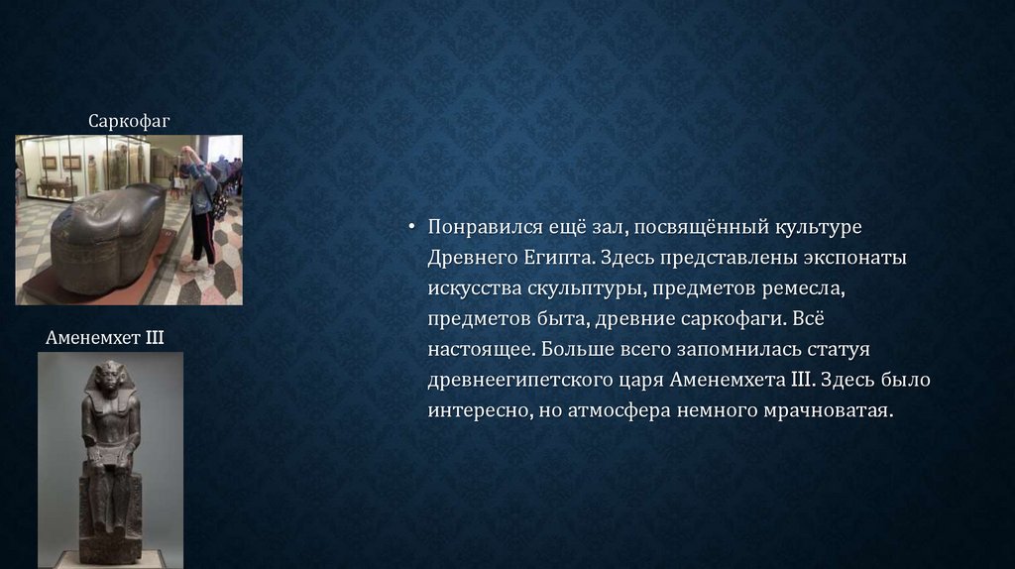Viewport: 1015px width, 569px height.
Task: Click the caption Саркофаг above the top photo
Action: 129,121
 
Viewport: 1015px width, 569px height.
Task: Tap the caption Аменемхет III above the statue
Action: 105,337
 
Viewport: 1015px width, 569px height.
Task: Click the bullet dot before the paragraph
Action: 411,227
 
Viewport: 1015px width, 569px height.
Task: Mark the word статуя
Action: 839,350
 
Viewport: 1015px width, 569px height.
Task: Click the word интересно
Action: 480,411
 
